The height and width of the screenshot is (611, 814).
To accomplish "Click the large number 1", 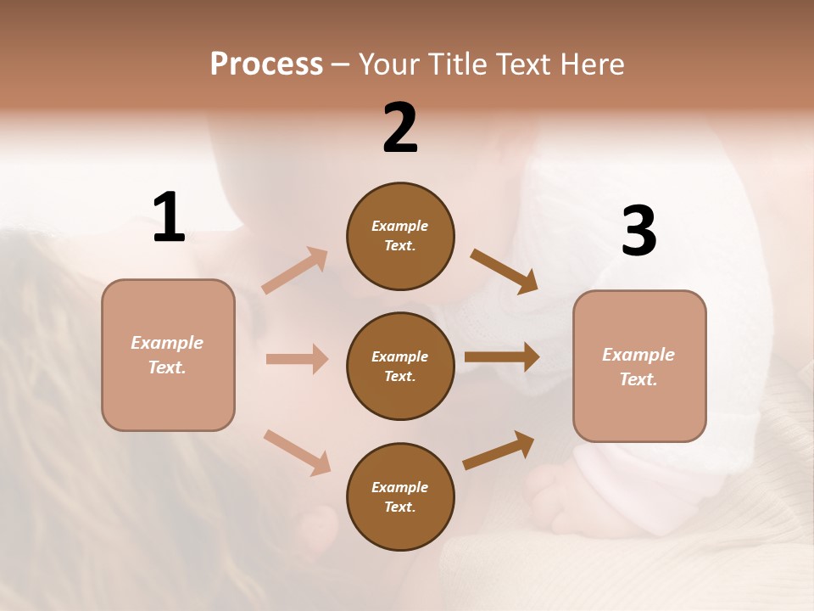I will point(169,217).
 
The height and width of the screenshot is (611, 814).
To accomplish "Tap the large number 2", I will point(400,127).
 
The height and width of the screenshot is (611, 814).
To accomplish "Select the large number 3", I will point(638,231).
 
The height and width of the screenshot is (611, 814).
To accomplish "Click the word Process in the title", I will point(266,64).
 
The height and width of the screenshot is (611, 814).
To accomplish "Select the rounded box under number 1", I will point(168,355).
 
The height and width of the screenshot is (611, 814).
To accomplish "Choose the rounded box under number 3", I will point(639,366).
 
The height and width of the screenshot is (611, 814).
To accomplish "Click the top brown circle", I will point(400,236).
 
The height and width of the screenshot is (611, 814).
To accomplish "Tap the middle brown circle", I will point(400,366).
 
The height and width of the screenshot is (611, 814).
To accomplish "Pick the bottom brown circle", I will point(400,496).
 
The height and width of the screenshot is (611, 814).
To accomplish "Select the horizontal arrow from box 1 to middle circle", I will point(297,359).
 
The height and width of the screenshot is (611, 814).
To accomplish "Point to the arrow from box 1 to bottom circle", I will point(298,451).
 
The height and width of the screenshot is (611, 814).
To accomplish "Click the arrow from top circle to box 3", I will point(505,271).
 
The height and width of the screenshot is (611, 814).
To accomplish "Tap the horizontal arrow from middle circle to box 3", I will point(502,356).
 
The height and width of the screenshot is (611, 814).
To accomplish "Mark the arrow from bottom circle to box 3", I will point(499,450).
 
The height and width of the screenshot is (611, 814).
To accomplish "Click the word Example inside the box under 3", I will point(638,355).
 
